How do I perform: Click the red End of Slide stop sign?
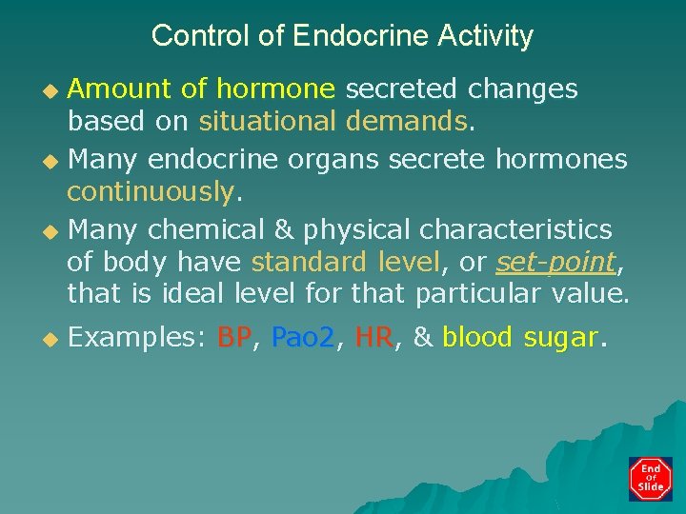(651, 478)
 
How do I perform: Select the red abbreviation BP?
(236, 337)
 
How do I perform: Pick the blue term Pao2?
(304, 337)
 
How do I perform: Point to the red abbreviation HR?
(373, 337)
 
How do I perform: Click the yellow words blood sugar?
(520, 337)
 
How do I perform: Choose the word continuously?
(150, 192)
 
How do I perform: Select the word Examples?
(133, 337)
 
